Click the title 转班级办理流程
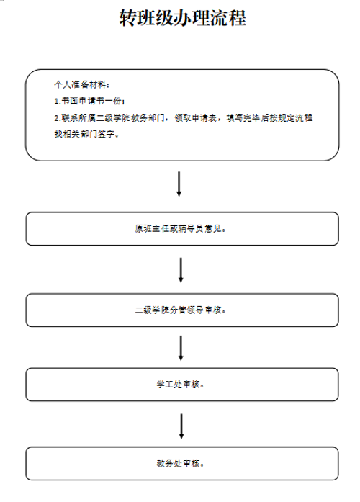click(x=183, y=17)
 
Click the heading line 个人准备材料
click(x=81, y=84)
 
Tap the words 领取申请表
click(x=196, y=118)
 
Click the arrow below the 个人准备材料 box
click(x=179, y=184)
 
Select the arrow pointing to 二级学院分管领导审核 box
click(x=181, y=270)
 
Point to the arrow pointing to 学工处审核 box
click(x=181, y=348)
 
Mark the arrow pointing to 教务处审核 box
click(x=181, y=426)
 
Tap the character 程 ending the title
click(x=238, y=17)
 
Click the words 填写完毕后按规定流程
click(x=269, y=118)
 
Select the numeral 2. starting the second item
click(x=58, y=118)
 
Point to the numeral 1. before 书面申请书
click(x=58, y=101)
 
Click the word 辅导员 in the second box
click(x=190, y=228)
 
